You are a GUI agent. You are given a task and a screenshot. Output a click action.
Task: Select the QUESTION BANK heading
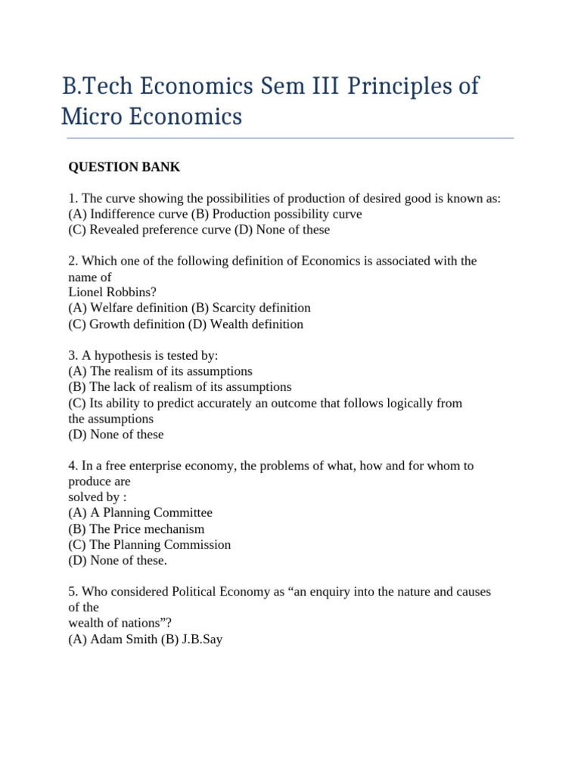125,166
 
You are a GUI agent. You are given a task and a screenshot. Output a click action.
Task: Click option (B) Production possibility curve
276,214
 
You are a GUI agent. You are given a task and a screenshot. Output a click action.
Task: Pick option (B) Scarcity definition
251,308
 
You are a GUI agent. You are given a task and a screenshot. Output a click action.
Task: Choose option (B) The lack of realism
179,387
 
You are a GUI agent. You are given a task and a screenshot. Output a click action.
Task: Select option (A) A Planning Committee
140,512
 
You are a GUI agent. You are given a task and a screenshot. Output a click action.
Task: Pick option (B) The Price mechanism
136,529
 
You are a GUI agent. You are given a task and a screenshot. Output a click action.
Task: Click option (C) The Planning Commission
149,545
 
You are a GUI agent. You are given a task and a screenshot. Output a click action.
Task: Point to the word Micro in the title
85,118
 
